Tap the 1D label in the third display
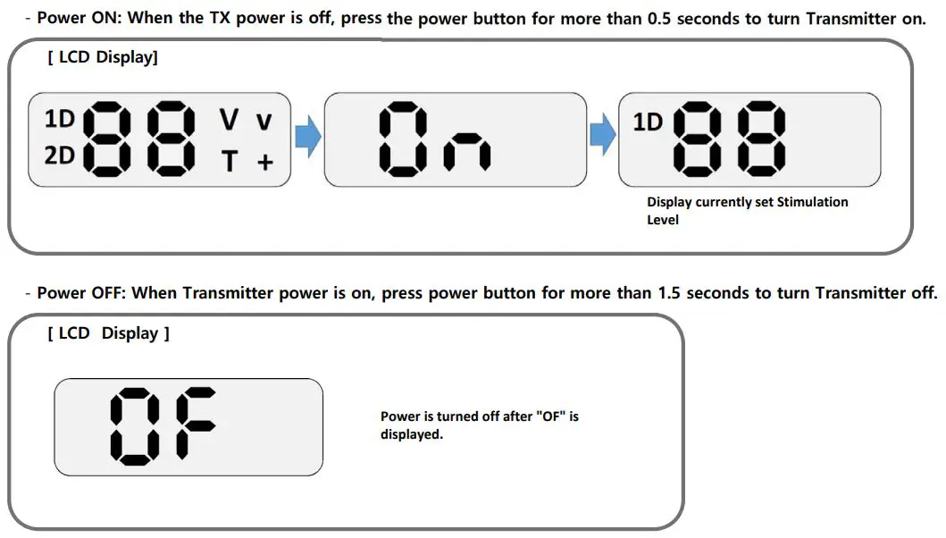coord(648,122)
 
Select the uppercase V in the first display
coord(230,119)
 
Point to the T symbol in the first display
coord(230,161)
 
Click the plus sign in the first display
coord(264,163)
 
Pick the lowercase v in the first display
coord(264,122)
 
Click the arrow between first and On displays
coord(307,139)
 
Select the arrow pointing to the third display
coord(603,138)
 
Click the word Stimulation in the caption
coord(812,202)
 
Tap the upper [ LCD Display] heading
coord(103,58)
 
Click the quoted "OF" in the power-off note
coord(550,416)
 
